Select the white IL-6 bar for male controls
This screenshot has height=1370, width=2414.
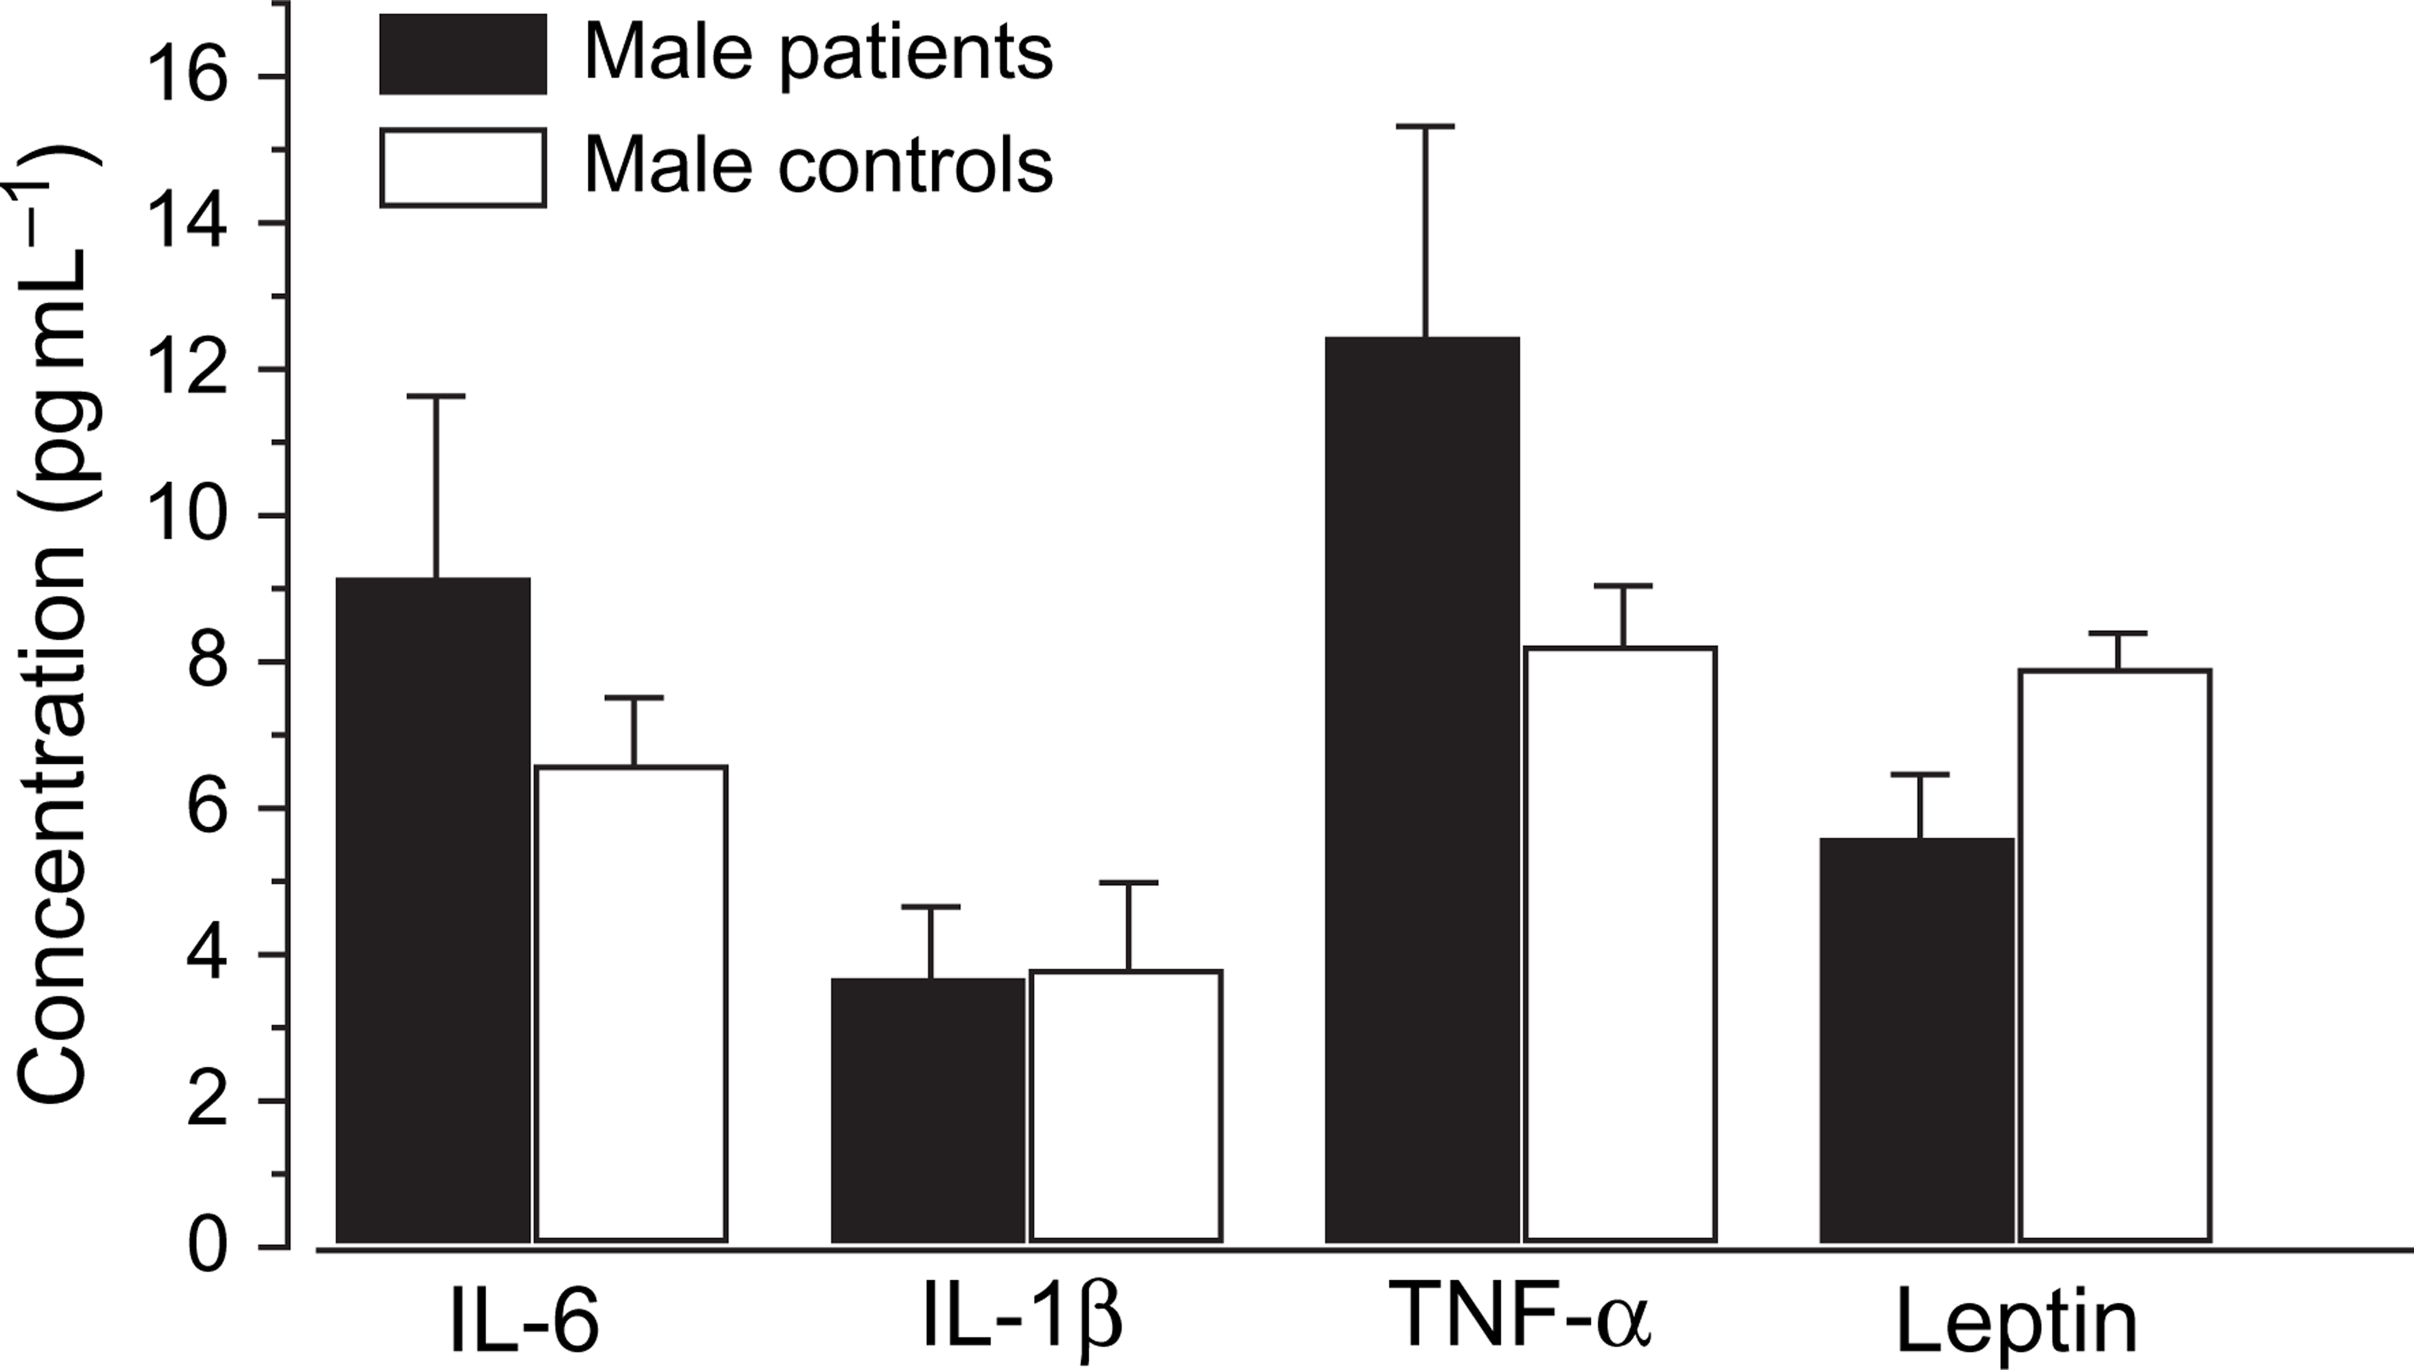point(631,1003)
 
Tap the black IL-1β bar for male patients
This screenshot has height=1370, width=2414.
point(927,1109)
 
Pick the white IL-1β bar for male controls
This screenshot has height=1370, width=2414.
point(1126,1105)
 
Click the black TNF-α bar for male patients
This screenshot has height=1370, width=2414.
point(1423,789)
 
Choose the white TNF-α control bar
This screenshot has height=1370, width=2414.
point(1620,944)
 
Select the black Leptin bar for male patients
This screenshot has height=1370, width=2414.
point(1917,1039)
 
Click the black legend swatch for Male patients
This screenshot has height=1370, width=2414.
point(463,54)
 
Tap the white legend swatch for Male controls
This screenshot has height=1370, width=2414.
point(463,167)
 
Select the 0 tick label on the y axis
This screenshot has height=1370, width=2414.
point(209,1249)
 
